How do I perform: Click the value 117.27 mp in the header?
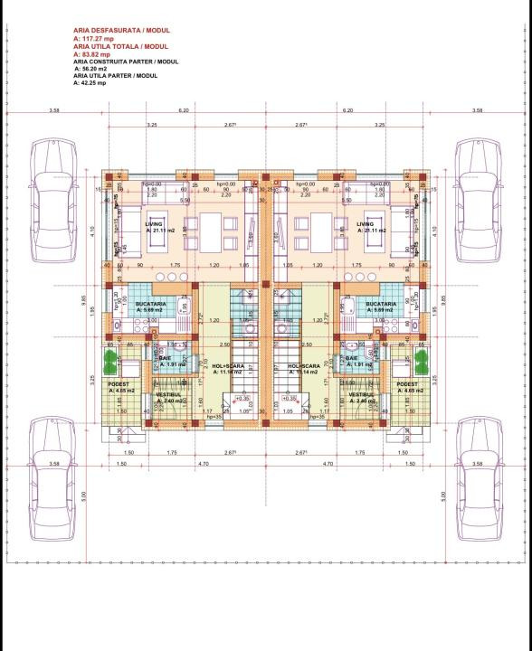94,41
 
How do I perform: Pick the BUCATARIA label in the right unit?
381,305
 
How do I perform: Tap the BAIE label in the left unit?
166,358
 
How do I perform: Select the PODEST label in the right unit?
408,383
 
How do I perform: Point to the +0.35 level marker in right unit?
290,397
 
